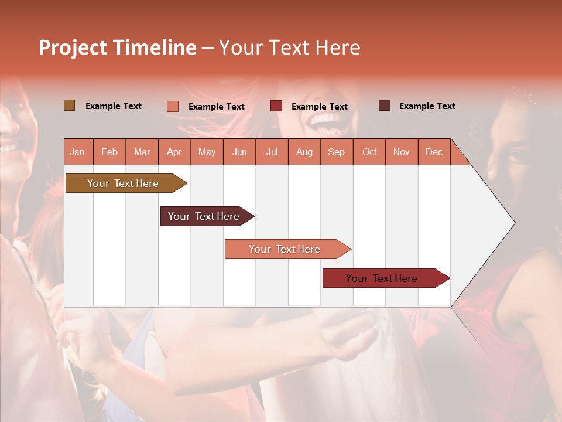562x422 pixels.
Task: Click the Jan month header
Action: click(x=77, y=152)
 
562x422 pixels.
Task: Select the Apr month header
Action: click(x=174, y=152)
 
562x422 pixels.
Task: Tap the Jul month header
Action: click(x=272, y=152)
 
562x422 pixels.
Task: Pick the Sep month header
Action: click(x=336, y=152)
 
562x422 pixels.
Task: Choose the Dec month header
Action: click(x=434, y=152)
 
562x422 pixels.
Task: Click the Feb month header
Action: click(x=109, y=152)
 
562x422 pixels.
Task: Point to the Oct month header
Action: click(x=369, y=152)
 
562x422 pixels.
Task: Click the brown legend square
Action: click(x=70, y=105)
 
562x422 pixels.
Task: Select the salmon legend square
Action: click(x=173, y=106)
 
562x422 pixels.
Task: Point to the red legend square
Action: click(x=276, y=106)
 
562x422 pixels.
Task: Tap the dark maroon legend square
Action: click(x=385, y=105)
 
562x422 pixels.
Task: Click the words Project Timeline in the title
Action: click(x=118, y=47)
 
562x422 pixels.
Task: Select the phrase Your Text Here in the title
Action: click(x=289, y=47)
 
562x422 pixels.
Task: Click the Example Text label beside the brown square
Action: click(x=114, y=106)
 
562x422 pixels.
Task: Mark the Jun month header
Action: click(x=239, y=152)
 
